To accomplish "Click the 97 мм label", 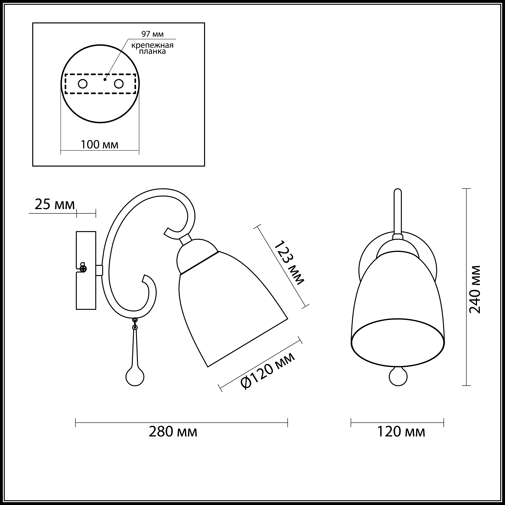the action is (x=152, y=34).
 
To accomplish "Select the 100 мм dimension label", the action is (x=100, y=145).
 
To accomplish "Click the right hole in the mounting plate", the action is (x=119, y=84).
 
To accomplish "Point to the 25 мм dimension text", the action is (x=55, y=205).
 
